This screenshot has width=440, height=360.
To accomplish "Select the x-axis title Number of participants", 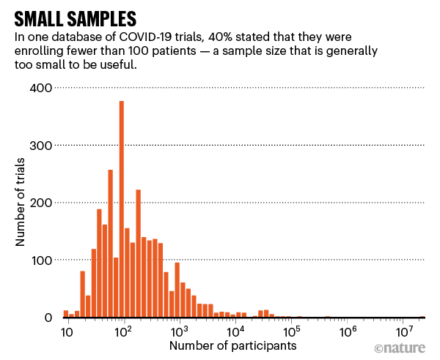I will tap(233, 345).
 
